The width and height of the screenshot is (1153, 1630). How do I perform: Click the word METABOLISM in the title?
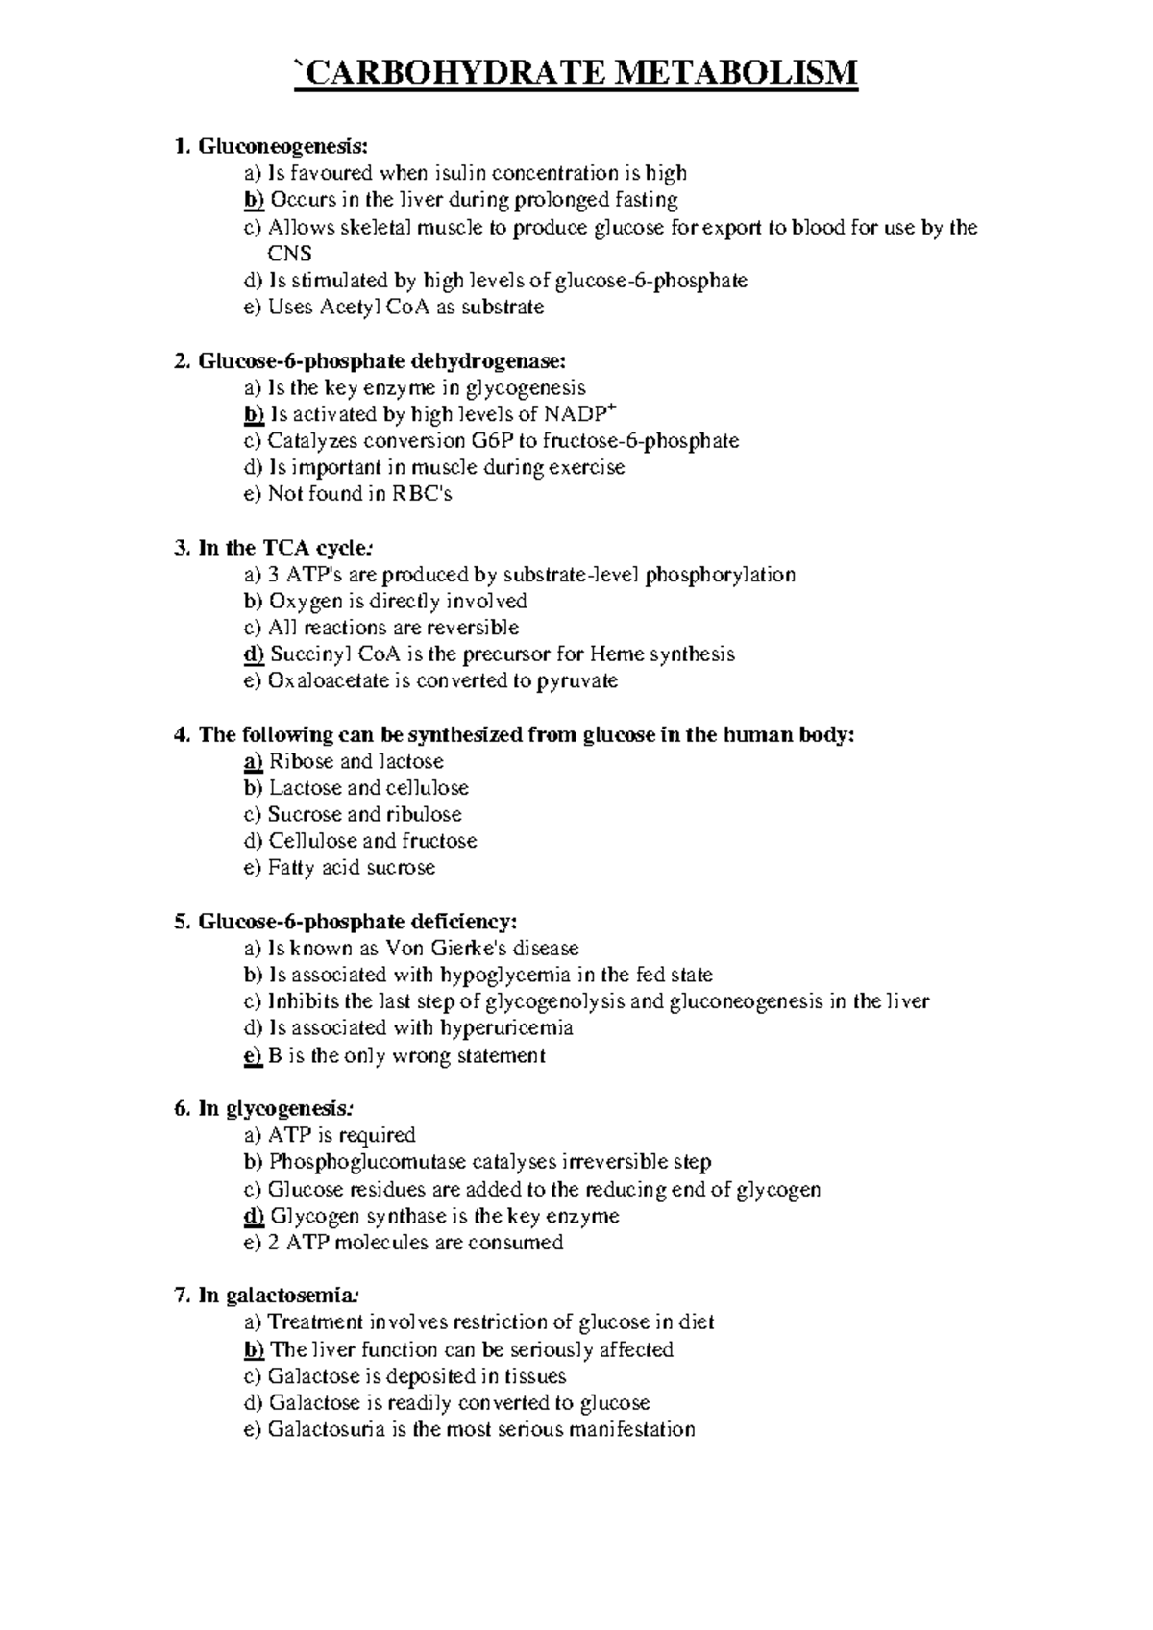click(732, 73)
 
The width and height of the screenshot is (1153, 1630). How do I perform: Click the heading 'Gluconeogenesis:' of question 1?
click(282, 146)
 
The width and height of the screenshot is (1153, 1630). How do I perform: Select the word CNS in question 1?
click(289, 254)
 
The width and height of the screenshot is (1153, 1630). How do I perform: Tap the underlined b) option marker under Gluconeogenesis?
click(254, 200)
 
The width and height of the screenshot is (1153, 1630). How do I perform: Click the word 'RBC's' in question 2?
click(420, 494)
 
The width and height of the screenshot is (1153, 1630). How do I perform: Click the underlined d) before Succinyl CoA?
click(254, 654)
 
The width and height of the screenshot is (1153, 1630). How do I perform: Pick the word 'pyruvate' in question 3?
click(576, 681)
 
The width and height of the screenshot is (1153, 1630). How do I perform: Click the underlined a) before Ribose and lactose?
click(254, 762)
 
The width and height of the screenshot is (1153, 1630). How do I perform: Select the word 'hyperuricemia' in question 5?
click(506, 1028)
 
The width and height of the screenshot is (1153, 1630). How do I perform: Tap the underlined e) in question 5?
click(254, 1055)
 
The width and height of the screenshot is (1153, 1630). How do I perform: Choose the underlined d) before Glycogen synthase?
click(254, 1216)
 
